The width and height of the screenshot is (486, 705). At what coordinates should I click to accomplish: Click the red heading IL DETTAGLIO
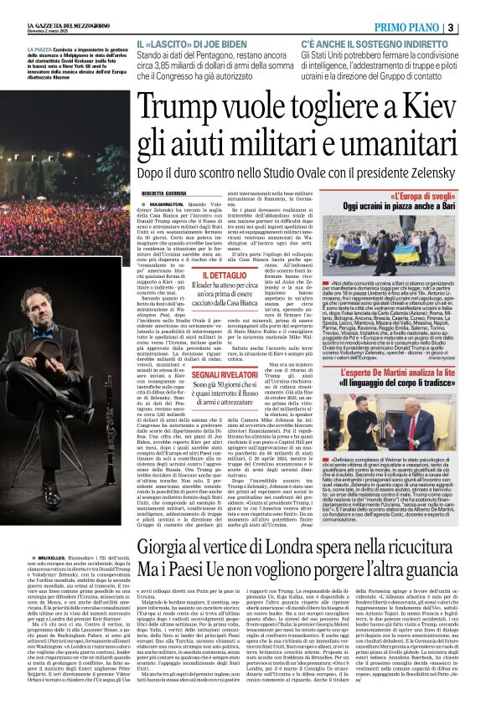(x=200, y=274)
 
